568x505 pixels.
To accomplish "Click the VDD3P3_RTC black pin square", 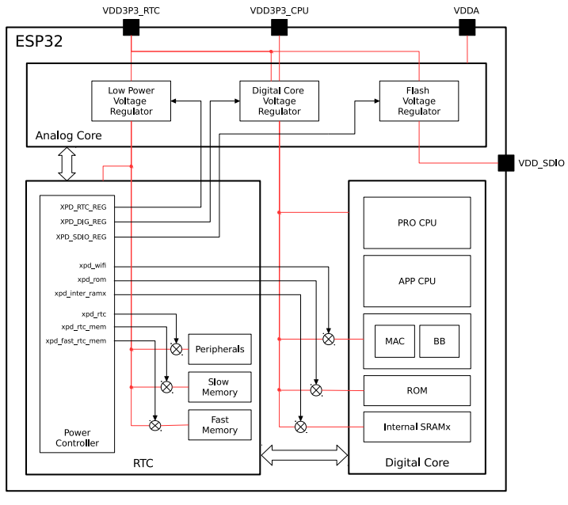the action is [x=132, y=27].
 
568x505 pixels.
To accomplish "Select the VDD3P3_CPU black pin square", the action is [x=280, y=27].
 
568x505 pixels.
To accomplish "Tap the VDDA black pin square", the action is [x=467, y=27].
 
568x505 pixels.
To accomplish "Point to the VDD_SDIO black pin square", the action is [x=505, y=163].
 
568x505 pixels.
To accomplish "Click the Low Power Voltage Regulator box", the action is [x=132, y=101].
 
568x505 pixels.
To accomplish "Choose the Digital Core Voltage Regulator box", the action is [x=280, y=101].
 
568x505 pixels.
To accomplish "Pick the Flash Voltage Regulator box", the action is [x=419, y=101].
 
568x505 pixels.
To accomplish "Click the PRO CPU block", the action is [x=417, y=222].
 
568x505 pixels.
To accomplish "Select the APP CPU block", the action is [x=417, y=281].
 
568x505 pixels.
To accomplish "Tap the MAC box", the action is [x=395, y=341].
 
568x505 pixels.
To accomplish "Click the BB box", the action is [x=440, y=341].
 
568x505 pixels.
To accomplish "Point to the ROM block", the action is [x=417, y=390].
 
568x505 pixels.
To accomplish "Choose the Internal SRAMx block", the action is [x=417, y=427].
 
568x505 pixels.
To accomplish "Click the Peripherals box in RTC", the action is [x=220, y=349].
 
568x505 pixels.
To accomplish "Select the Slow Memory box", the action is [x=220, y=387].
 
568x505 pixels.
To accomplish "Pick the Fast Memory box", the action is [x=220, y=424].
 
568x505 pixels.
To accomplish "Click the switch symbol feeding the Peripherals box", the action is [x=177, y=349].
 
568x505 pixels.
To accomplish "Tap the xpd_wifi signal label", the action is [x=93, y=265].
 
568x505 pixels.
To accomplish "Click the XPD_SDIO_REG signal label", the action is [x=81, y=237].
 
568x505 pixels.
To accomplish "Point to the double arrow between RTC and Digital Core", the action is [x=304, y=454].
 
